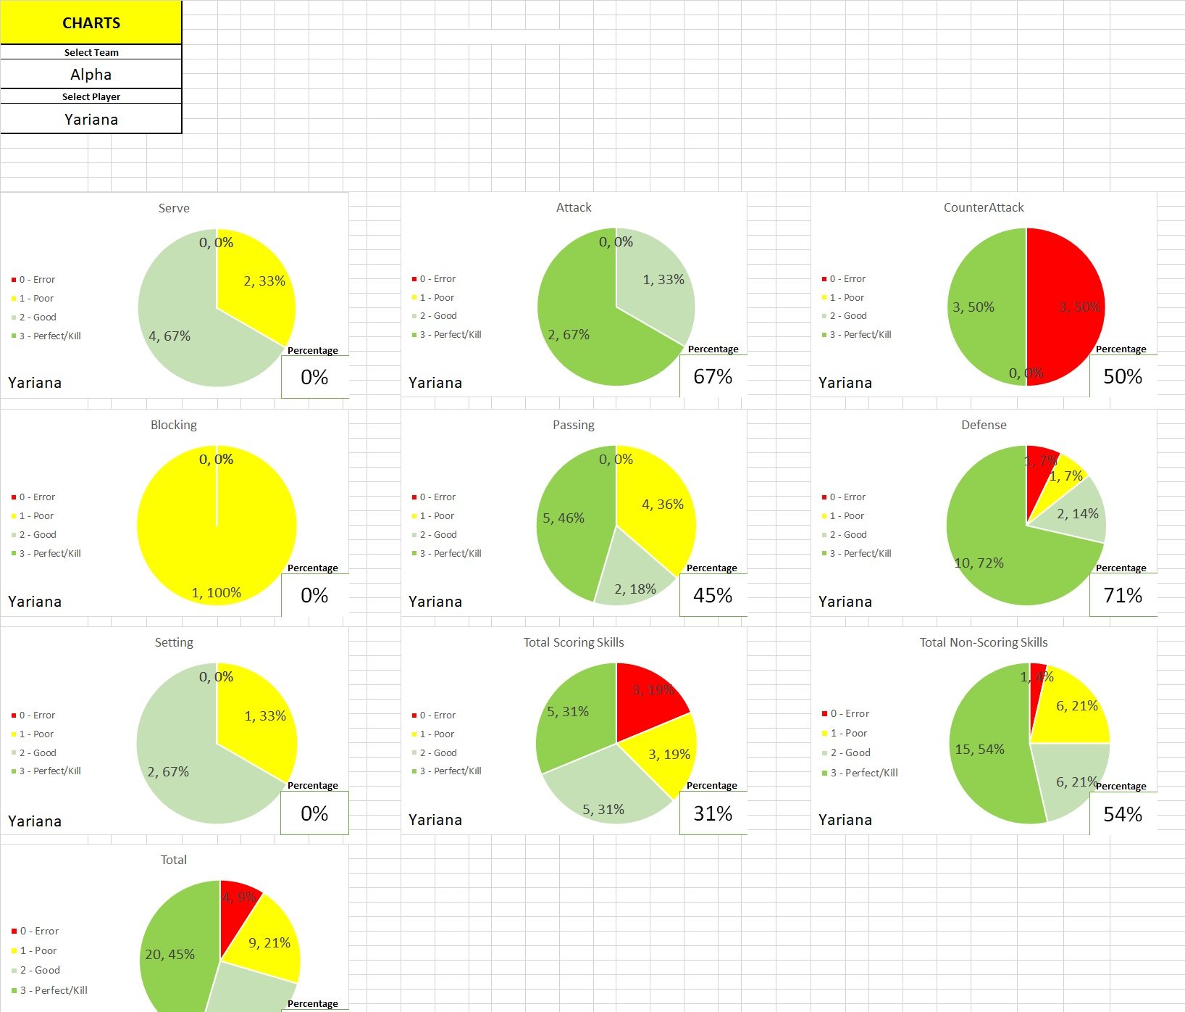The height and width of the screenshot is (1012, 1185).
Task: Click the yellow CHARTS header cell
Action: coord(91,22)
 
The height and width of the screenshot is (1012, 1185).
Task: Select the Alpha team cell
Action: coord(91,75)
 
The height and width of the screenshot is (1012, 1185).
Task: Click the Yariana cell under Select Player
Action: coord(91,120)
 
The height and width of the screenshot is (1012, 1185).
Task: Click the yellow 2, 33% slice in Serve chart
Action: coord(261,286)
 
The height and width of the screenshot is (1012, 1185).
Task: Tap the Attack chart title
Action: coord(574,207)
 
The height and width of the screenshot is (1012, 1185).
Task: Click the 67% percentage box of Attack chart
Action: coord(713,377)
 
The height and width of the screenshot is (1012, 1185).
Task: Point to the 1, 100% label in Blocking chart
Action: coord(216,593)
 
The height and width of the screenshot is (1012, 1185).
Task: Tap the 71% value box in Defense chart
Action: coord(1123,596)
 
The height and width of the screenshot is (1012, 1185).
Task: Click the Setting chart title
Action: coord(174,642)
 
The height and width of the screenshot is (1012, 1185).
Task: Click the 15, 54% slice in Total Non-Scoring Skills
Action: coord(989,754)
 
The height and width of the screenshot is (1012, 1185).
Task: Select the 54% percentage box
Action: coord(1123,815)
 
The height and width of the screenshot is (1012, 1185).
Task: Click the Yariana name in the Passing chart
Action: coord(435,602)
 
